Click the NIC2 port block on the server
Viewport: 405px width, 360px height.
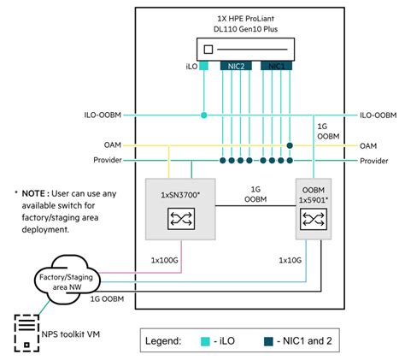[235, 66]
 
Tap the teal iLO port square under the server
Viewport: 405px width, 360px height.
[204, 66]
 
